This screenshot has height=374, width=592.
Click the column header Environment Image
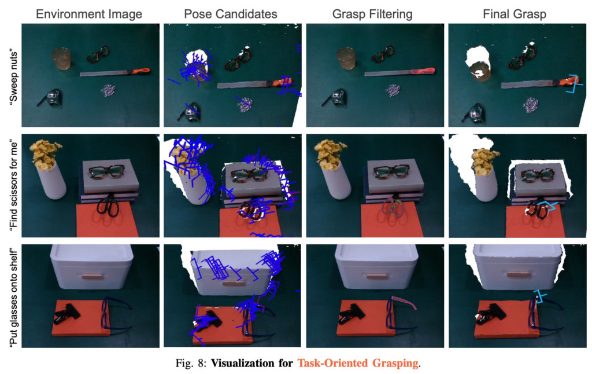(x=89, y=14)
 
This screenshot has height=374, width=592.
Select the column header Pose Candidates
(x=230, y=14)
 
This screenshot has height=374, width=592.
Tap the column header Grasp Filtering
(x=372, y=14)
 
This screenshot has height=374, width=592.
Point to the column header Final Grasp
(x=515, y=14)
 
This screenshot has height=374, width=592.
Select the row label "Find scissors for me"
(x=13, y=185)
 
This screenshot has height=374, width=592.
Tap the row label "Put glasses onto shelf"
(x=13, y=296)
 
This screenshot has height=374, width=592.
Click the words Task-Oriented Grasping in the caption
(x=358, y=364)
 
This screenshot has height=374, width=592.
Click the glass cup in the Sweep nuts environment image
(x=61, y=58)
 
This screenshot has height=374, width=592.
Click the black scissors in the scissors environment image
(x=108, y=206)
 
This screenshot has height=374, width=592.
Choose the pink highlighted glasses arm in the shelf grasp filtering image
(x=404, y=303)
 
